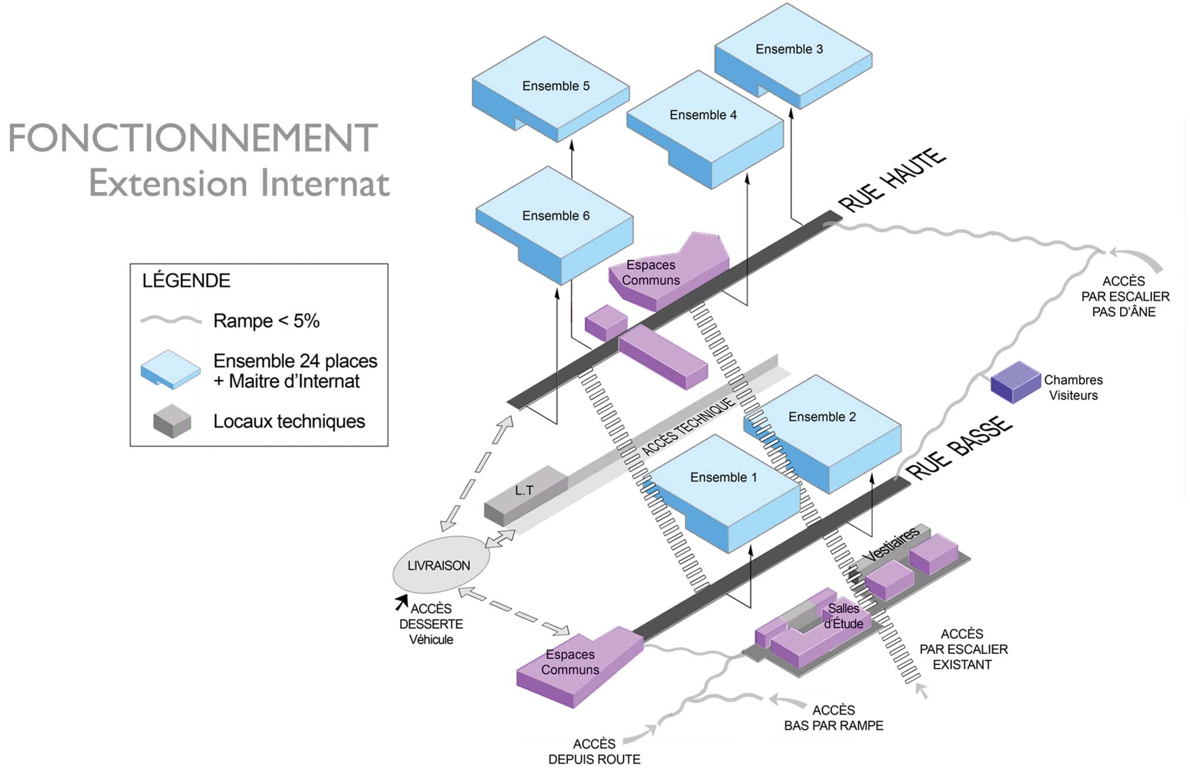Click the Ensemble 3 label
coord(789,49)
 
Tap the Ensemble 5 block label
coord(555,86)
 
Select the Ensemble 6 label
coord(555,216)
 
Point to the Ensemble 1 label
coord(723,478)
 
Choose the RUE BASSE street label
coord(958,448)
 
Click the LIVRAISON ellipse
coord(440,565)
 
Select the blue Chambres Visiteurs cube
coord(1015,382)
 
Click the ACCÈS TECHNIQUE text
coord(688,426)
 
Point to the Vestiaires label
coord(891,544)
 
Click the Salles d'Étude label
coord(843,616)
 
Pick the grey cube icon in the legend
coord(172,421)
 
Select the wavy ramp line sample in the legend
coord(171,320)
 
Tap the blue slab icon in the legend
coord(170,370)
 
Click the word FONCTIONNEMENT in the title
coord(192,139)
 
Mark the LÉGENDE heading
coord(186,281)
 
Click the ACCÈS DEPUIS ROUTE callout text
coord(594,752)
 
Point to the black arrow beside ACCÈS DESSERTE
coord(402,601)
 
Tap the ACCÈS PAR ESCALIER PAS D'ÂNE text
coord(1125,297)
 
